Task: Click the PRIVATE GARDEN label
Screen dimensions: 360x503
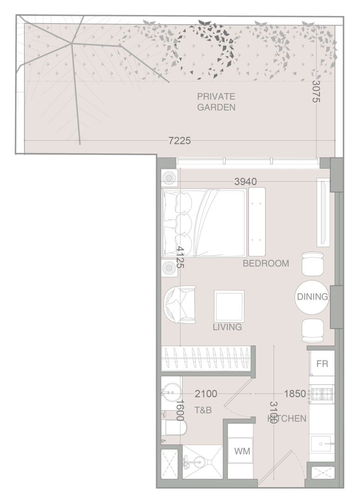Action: tap(216, 102)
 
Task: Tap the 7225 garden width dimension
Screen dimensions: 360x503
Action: tap(180, 141)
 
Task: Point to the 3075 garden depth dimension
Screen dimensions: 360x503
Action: tap(316, 91)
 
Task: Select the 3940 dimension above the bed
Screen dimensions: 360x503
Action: tap(245, 182)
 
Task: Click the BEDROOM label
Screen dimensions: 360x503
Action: tap(265, 263)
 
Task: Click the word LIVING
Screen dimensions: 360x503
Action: tap(227, 327)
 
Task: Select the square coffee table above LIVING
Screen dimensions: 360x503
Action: tap(229, 306)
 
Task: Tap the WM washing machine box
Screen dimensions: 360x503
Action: tap(242, 451)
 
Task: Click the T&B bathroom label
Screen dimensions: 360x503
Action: tap(203, 410)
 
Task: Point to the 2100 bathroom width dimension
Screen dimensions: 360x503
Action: tap(206, 393)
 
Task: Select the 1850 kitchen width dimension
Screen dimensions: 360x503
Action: tap(294, 393)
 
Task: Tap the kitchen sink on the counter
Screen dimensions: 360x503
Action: tap(321, 444)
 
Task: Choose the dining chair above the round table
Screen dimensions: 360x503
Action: tap(312, 264)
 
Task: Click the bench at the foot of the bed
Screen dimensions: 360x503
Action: tap(257, 222)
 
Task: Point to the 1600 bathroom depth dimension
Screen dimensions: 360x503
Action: tap(180, 410)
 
